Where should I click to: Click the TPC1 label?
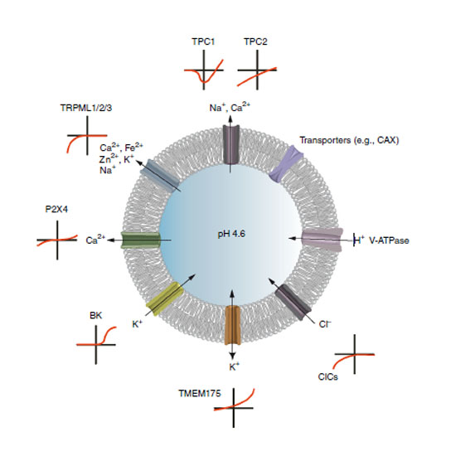point(203,41)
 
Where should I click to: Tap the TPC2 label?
point(255,41)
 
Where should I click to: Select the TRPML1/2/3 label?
point(86,108)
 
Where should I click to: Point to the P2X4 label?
point(56,209)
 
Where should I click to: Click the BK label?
point(95,316)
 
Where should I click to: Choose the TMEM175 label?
point(200,394)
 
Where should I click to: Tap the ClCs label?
point(328,377)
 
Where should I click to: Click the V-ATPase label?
point(389,240)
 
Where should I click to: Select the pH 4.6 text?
point(231,234)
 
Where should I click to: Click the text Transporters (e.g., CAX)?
point(349,140)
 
